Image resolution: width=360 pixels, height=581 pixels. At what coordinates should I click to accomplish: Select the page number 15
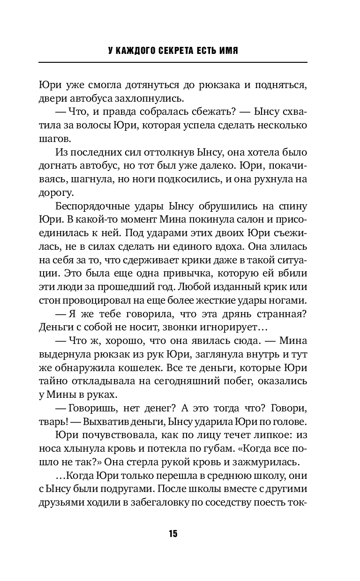173,534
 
